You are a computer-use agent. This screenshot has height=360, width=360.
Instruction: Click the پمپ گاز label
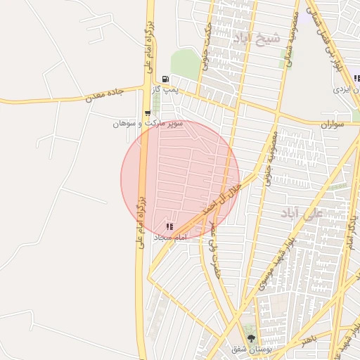165,90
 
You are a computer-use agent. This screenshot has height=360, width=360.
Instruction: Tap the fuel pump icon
165,79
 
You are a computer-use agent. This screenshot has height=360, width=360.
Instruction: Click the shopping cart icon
147,112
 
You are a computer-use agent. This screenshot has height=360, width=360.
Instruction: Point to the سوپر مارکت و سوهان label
148,123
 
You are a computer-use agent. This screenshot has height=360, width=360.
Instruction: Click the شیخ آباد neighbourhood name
259,38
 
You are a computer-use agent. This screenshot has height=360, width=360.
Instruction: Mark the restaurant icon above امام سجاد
169,226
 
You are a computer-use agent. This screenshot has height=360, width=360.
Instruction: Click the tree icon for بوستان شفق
251,338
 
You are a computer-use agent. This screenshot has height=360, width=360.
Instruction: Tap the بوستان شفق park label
251,349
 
